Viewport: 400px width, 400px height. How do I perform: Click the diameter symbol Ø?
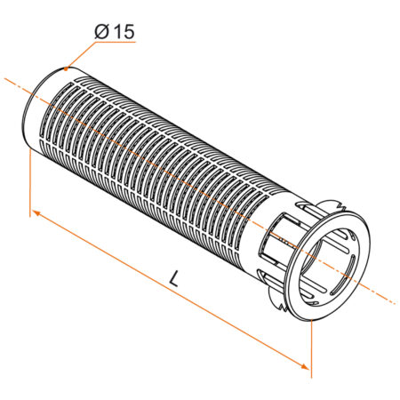pos(101,31)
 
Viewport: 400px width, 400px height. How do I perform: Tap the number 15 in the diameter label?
pos(124,31)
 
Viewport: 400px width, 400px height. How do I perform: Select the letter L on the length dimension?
pos(174,278)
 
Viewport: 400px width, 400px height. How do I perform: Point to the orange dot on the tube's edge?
pos(66,68)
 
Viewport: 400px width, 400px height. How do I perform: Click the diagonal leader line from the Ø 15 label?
pos(81,55)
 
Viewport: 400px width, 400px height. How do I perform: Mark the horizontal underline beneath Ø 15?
pos(116,42)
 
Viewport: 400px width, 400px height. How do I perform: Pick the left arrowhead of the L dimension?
pos(36,213)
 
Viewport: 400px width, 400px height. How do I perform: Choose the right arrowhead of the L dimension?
pos(305,366)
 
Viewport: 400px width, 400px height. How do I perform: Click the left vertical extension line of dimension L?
pos(30,183)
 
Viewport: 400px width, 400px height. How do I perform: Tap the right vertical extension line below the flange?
pos(311,348)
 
